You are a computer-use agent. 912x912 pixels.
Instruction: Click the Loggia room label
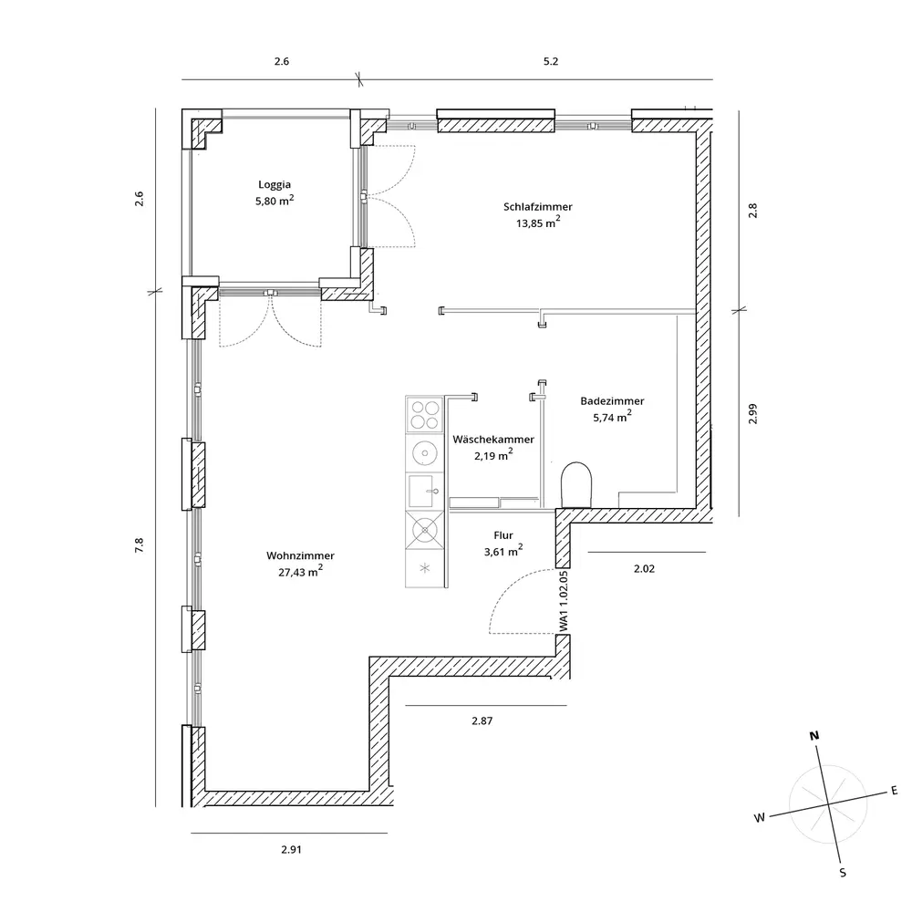[275, 184]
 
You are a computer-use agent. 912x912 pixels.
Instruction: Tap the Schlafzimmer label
[537, 206]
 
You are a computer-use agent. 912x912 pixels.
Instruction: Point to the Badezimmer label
[612, 401]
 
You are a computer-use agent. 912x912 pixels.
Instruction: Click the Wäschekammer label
[493, 440]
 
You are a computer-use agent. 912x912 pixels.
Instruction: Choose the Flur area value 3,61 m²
[503, 551]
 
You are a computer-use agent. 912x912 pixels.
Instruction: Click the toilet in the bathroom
[577, 483]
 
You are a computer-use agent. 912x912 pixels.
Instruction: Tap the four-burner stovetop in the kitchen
[423, 415]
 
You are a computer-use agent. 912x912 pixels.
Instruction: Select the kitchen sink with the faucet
[422, 490]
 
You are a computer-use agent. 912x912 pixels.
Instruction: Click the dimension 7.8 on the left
[140, 545]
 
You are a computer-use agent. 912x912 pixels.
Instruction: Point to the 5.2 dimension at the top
[550, 62]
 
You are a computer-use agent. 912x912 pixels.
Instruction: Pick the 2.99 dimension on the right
[752, 413]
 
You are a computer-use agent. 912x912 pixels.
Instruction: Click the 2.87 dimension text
[482, 720]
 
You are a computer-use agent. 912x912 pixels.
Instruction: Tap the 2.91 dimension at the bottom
[291, 849]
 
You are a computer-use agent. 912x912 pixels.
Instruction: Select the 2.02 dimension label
[645, 567]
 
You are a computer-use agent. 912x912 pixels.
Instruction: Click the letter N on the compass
[815, 735]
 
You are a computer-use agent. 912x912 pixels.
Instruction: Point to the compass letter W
[758, 818]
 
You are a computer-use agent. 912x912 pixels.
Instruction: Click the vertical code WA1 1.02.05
[565, 602]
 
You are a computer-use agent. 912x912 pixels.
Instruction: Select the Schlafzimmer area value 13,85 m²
[537, 222]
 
